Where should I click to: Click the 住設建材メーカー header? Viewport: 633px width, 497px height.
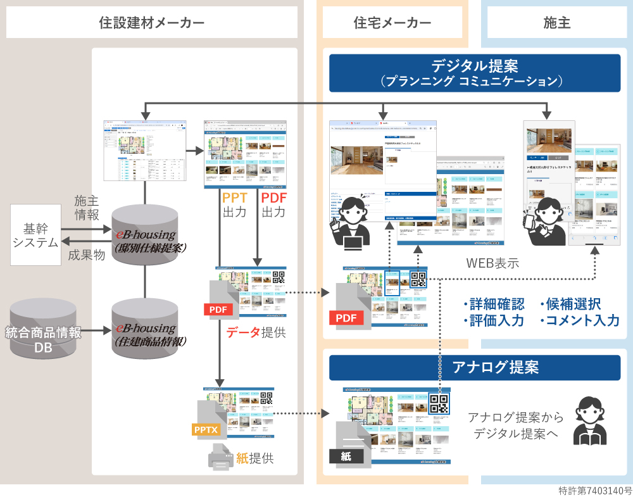pyautogui.click(x=152, y=23)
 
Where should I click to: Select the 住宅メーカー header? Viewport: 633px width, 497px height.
pyautogui.click(x=392, y=23)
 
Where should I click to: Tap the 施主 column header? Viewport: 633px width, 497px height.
pyautogui.click(x=557, y=23)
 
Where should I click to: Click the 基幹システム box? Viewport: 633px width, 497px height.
pyautogui.click(x=36, y=235)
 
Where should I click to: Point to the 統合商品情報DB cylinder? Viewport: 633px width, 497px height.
pyautogui.click(x=43, y=329)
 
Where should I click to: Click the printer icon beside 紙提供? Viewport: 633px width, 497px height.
pyautogui.click(x=221, y=457)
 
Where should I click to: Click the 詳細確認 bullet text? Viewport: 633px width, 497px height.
pyautogui.click(x=494, y=303)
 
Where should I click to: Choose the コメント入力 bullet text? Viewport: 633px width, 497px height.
pyautogui.click(x=580, y=320)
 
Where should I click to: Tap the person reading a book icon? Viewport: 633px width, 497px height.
pyautogui.click(x=590, y=420)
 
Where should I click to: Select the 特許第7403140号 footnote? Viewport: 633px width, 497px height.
pyautogui.click(x=595, y=491)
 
